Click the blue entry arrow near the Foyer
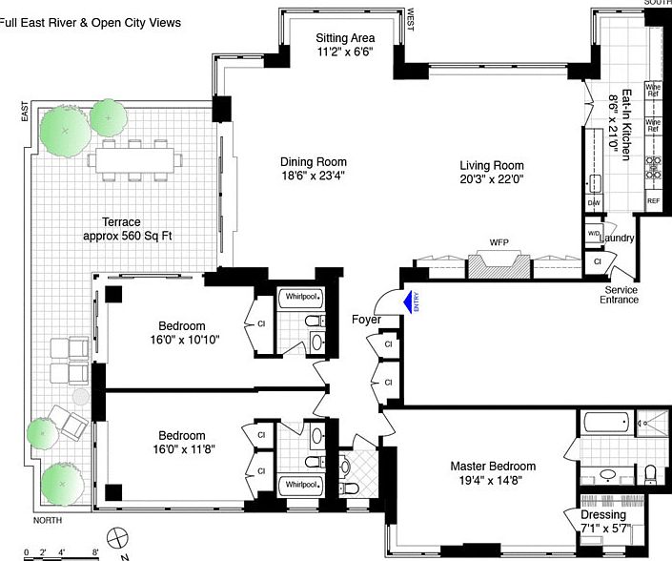[x=408, y=302]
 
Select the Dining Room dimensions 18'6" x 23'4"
[x=313, y=176]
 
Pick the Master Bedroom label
[x=492, y=467]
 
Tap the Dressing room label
[x=601, y=515]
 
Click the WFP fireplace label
[x=500, y=243]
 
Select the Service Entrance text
[x=621, y=295]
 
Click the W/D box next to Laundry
[x=593, y=234]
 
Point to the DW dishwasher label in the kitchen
[x=593, y=203]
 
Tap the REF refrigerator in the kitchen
[x=653, y=201]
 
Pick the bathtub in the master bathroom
[x=604, y=423]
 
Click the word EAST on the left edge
[x=26, y=113]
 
